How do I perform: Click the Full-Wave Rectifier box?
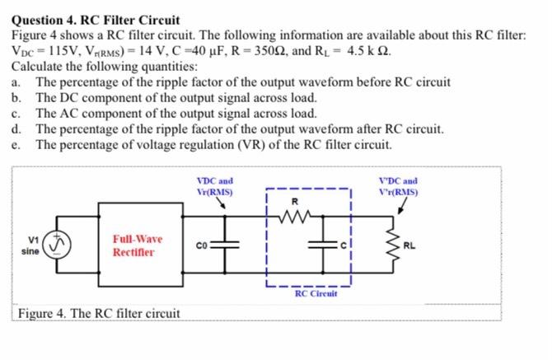coord(138,245)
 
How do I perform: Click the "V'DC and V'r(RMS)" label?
coord(398,186)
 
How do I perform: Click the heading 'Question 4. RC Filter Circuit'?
coord(96,19)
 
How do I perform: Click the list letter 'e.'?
coord(16,144)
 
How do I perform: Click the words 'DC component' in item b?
coord(98,97)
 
